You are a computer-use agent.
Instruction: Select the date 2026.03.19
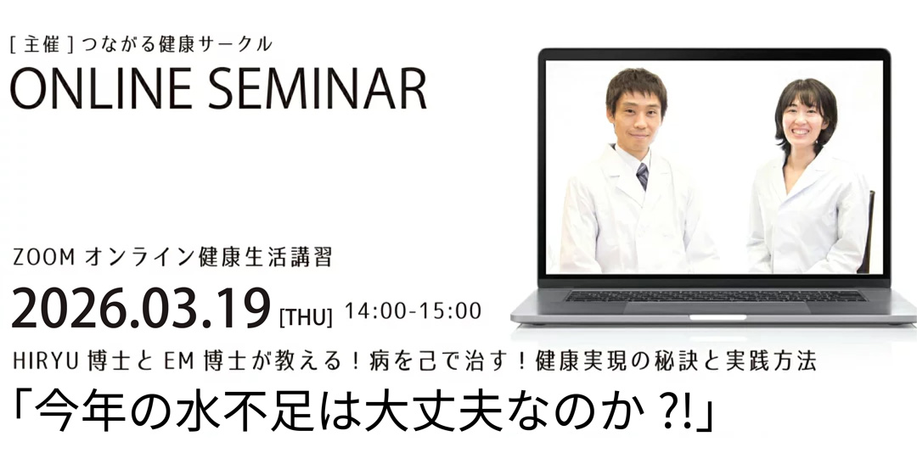(x=141, y=309)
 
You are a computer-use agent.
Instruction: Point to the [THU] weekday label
(x=306, y=318)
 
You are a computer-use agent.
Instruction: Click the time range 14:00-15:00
(x=413, y=311)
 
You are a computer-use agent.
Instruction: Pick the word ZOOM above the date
(x=44, y=258)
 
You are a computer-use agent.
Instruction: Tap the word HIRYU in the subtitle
(x=45, y=362)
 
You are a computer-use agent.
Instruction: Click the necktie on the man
(x=642, y=176)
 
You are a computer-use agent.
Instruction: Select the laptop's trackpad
(x=717, y=308)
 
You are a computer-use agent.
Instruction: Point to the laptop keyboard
(x=716, y=296)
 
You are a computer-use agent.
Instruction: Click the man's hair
(x=636, y=86)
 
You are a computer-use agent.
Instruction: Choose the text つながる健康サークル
(x=177, y=44)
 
